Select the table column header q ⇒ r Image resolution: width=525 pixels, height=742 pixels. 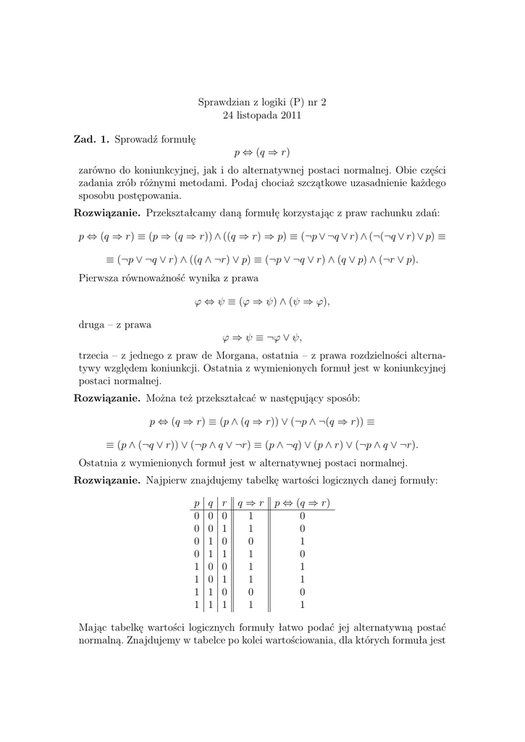[x=250, y=504]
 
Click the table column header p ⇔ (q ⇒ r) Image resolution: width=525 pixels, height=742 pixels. [x=302, y=504]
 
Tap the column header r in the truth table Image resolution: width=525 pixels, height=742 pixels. [x=224, y=504]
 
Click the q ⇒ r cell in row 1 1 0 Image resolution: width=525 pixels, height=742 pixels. [x=250, y=591]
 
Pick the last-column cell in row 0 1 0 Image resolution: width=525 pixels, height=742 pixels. [x=302, y=541]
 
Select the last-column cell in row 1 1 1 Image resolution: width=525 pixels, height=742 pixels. [x=302, y=604]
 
